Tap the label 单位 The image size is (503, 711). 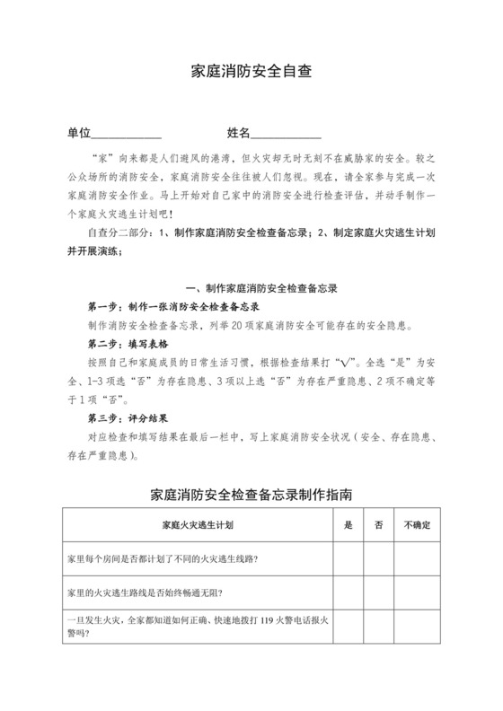(80, 133)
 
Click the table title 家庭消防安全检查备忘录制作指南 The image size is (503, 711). (251, 494)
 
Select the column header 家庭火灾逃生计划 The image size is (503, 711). (198, 524)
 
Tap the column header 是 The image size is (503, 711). (349, 524)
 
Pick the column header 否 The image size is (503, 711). (378, 524)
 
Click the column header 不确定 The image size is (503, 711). (418, 524)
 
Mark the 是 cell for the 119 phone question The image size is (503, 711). (349, 625)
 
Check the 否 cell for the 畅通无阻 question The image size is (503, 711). (378, 592)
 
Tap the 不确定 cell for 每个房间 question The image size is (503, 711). (418, 559)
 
